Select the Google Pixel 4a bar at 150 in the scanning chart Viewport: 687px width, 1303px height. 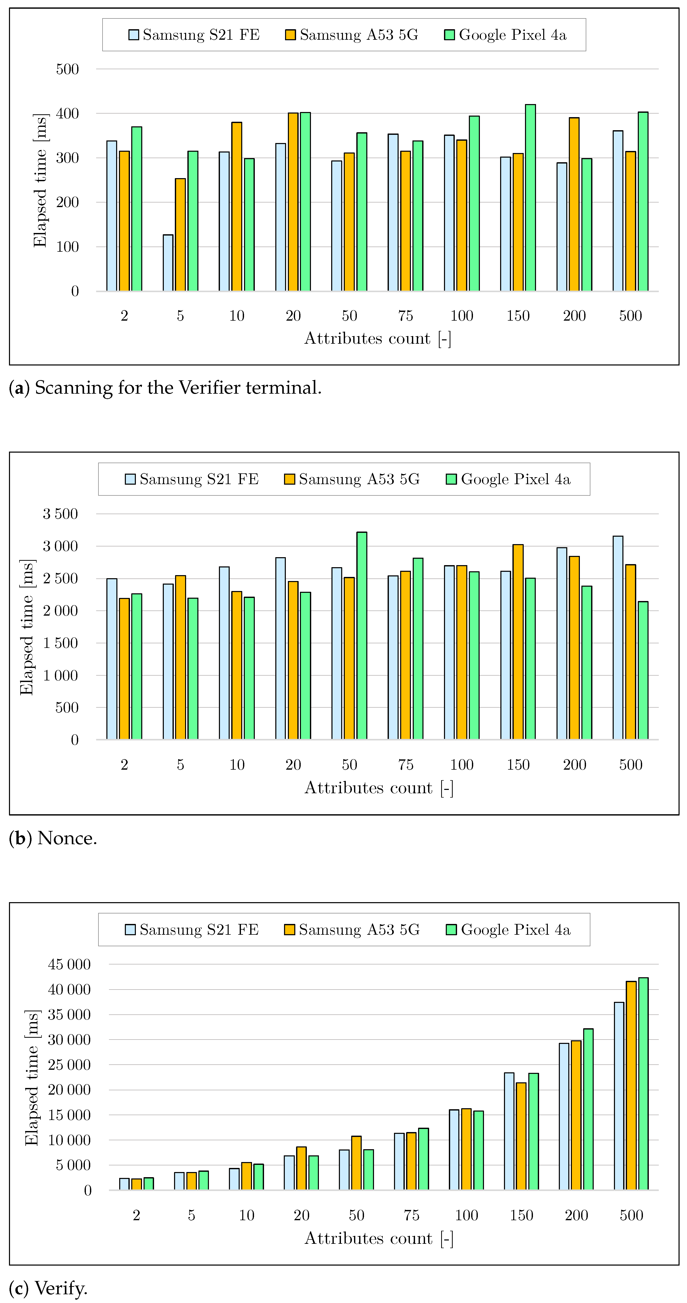(530, 197)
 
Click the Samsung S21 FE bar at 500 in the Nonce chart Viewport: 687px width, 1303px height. (618, 637)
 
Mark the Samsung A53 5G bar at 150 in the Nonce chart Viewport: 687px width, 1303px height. (518, 642)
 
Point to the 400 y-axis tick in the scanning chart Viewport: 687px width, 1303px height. (67, 113)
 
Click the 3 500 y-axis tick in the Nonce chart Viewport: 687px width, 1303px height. (60, 514)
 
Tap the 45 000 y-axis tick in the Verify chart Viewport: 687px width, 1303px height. (69, 964)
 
